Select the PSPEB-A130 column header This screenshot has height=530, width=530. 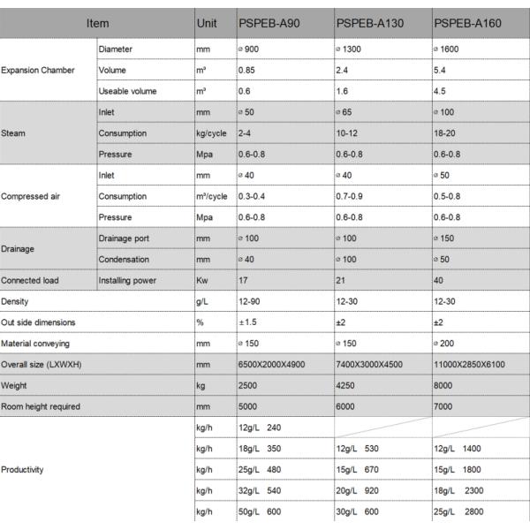[x=370, y=22]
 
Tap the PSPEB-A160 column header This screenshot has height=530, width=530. [x=468, y=22]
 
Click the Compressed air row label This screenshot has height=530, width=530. [x=29, y=195]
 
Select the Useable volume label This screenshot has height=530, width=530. [x=128, y=91]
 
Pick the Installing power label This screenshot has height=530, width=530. [x=128, y=280]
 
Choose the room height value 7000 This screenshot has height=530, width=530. [x=443, y=405]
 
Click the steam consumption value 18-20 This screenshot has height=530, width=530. [x=447, y=133]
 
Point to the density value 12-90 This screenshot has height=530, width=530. [x=250, y=301]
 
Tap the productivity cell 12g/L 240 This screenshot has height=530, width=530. [x=261, y=428]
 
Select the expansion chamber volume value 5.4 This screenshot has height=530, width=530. [x=442, y=69]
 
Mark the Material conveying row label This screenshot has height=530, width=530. [x=35, y=343]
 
